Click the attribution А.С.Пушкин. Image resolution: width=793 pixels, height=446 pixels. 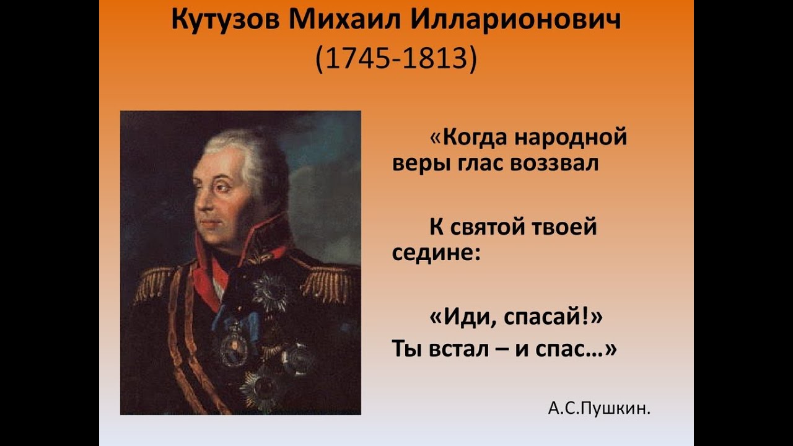pyautogui.click(x=599, y=408)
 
